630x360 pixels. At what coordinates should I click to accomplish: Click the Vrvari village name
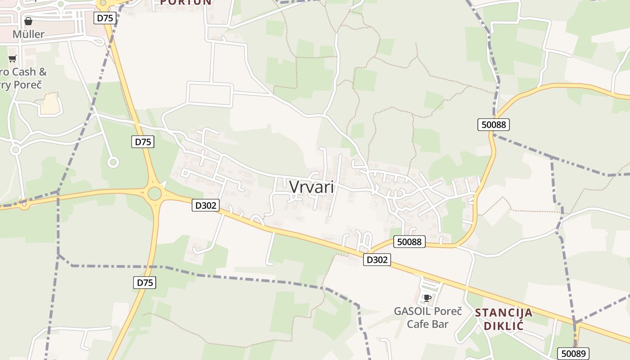312,187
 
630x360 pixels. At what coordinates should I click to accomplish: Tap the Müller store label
28,34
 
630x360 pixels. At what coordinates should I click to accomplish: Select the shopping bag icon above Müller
28,21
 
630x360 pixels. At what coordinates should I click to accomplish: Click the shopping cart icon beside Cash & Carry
13,59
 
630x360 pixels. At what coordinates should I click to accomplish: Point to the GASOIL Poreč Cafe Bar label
427,317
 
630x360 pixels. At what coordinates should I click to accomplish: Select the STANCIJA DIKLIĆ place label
504,319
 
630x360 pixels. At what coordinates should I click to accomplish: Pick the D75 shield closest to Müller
105,18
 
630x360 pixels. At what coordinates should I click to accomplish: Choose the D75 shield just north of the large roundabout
143,142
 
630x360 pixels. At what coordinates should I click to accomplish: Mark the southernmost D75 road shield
145,283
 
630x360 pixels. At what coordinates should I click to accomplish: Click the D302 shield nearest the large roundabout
206,206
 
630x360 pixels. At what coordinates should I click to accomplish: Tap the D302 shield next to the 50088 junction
377,260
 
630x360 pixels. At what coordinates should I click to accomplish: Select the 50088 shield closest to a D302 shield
409,242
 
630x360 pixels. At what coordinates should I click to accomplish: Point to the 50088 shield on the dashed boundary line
494,125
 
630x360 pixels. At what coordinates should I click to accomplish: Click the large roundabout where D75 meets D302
154,193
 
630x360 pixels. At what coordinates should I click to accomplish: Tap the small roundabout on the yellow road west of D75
24,205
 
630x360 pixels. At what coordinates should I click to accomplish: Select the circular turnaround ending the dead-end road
113,162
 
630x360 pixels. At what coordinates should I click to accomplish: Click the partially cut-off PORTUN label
186,2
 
